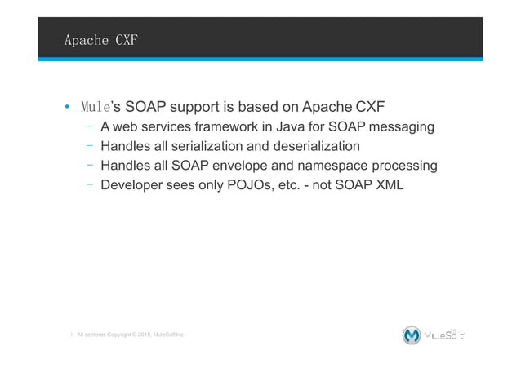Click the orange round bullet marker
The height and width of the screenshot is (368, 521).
(x=67, y=108)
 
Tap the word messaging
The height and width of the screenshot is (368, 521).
(x=399, y=127)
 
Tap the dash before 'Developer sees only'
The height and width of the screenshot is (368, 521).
(x=88, y=186)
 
